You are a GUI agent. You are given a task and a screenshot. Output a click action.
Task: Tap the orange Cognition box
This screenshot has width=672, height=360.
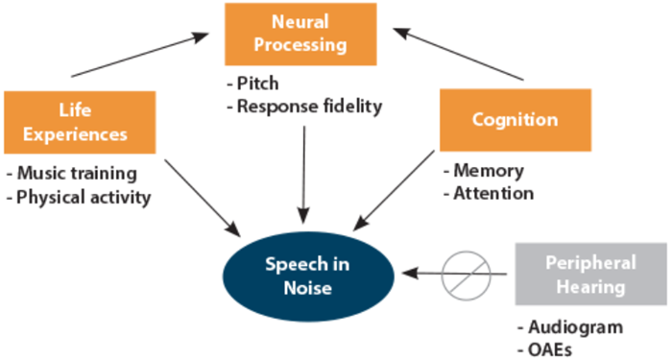click(515, 120)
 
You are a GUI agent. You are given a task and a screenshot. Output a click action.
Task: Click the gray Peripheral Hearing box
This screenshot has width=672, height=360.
click(590, 274)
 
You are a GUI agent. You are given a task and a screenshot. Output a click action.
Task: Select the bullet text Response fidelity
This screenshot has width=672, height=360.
click(305, 107)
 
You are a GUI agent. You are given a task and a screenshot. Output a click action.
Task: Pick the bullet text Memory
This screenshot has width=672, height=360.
click(488, 171)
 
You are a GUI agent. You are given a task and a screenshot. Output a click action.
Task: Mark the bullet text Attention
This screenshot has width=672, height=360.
click(492, 193)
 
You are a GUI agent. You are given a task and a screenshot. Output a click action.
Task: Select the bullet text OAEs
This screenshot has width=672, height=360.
click(552, 348)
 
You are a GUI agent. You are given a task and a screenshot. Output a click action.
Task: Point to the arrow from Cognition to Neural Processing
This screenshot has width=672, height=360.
click(461, 54)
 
